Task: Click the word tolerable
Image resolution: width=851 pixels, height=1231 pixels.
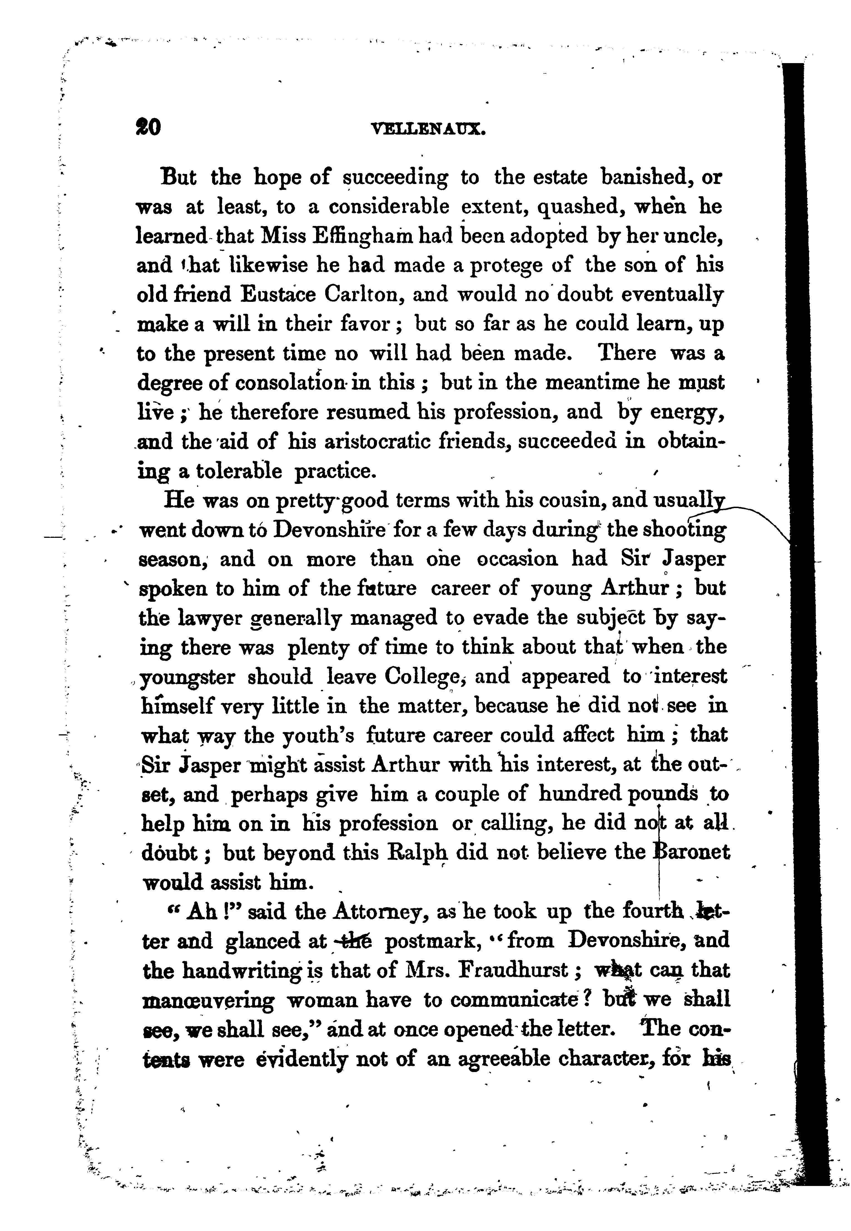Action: tap(239, 471)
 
